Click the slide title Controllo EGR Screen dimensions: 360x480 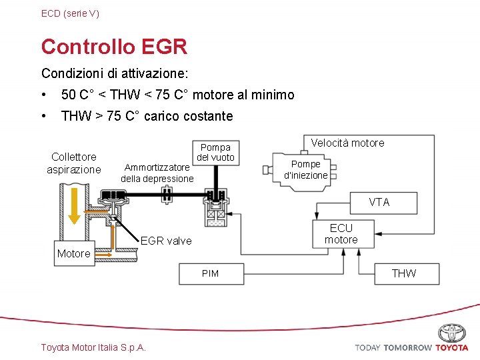click(x=114, y=47)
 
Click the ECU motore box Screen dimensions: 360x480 click(x=341, y=234)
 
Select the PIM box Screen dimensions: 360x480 click(x=210, y=273)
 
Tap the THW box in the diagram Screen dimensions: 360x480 click(x=404, y=273)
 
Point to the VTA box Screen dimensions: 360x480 click(x=379, y=203)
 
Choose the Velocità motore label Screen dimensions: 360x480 click(x=347, y=143)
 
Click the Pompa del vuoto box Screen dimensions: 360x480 click(x=215, y=152)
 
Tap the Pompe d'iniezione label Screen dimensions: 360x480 click(x=306, y=169)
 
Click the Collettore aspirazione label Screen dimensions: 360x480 click(x=74, y=163)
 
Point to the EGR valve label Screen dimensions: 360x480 click(x=166, y=241)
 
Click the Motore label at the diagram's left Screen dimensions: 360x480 click(x=73, y=253)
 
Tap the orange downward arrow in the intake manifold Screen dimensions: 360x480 click(x=74, y=203)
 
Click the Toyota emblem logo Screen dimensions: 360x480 click(x=452, y=333)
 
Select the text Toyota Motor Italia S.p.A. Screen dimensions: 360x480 click(x=93, y=347)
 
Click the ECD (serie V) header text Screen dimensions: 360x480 click(x=70, y=13)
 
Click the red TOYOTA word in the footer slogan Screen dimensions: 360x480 click(x=452, y=348)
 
